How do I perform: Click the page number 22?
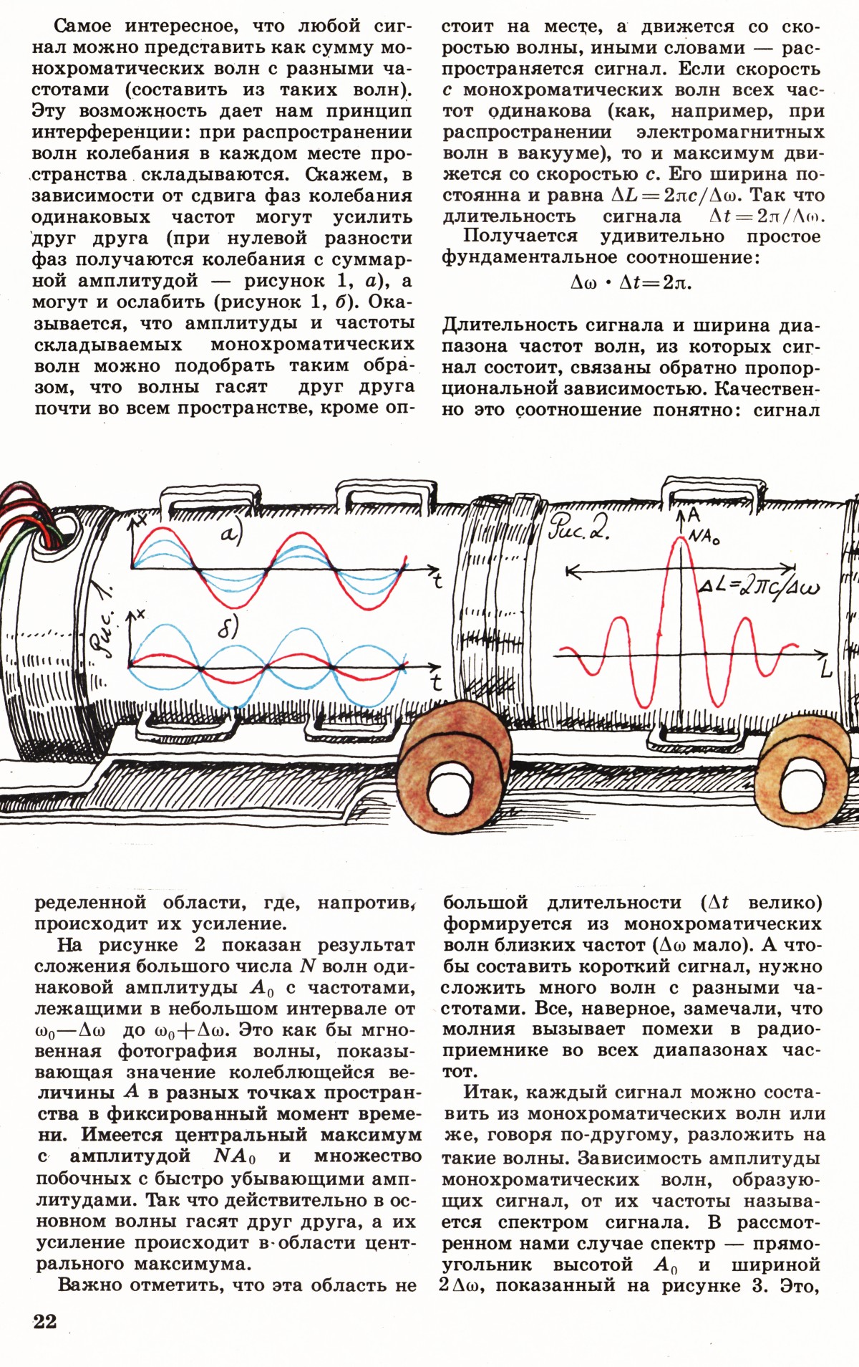click(44, 1321)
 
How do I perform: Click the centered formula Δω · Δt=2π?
click(631, 282)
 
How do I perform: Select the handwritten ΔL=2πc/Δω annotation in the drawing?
click(759, 587)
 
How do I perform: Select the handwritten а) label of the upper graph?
click(230, 534)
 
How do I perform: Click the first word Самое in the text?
click(82, 27)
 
